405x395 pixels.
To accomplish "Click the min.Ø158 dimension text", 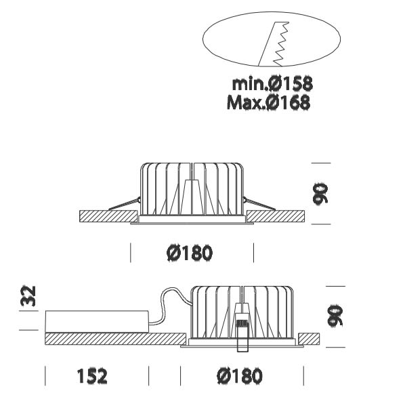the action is (x=272, y=83).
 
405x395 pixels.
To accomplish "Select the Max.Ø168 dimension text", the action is (x=268, y=102).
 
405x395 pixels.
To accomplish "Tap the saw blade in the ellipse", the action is (x=274, y=43).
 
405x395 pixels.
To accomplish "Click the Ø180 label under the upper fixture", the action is (x=190, y=253).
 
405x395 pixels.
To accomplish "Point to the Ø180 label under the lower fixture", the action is (x=240, y=376).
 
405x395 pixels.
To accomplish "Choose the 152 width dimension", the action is (x=92, y=376).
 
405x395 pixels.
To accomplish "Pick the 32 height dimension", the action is (x=28, y=296).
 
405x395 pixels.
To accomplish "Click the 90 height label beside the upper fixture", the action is (x=320, y=194).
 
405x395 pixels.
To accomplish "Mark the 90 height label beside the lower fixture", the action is (x=335, y=316).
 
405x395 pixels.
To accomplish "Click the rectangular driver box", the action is (x=97, y=322).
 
